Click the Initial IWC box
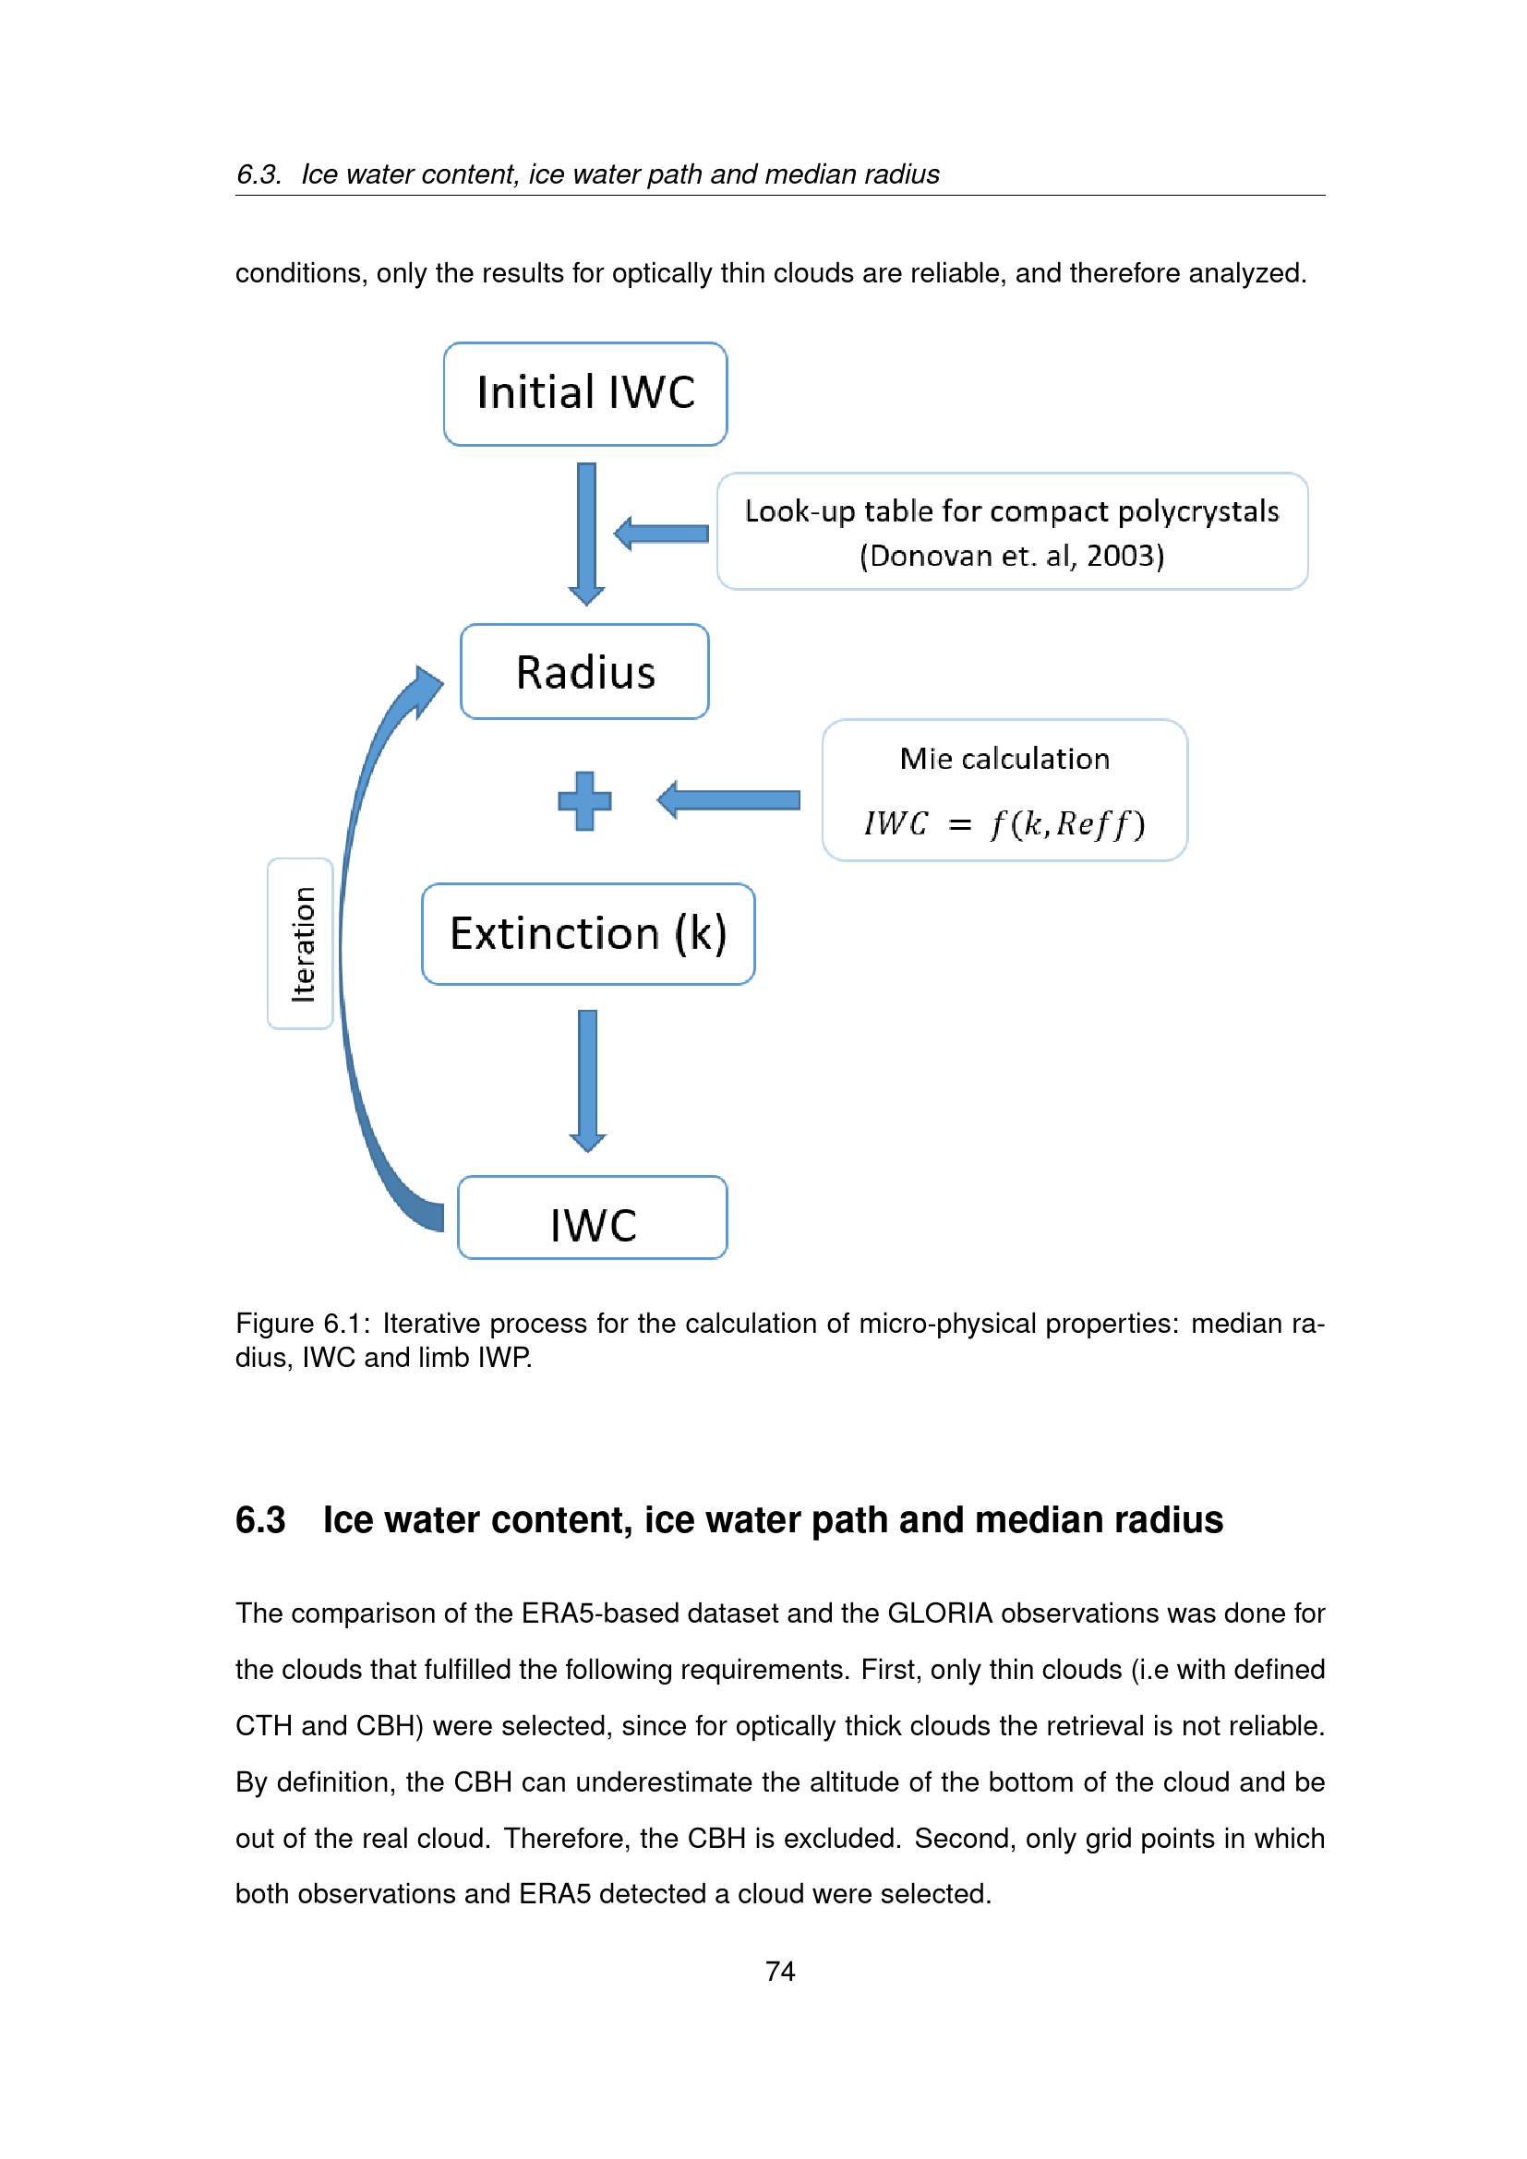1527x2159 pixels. point(584,393)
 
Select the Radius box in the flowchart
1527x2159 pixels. point(584,671)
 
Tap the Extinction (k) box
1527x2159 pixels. point(588,934)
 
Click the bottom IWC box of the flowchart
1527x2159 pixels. point(593,1218)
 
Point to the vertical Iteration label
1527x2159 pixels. point(302,943)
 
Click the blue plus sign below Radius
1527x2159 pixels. point(584,800)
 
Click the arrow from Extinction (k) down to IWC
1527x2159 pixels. point(588,1080)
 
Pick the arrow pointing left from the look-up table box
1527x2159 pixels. point(662,534)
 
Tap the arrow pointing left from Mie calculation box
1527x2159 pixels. point(728,800)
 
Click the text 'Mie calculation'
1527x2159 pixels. point(1004,759)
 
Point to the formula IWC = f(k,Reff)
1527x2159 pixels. point(1004,823)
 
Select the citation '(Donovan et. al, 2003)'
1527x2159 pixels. point(1012,556)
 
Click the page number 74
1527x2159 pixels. point(779,1971)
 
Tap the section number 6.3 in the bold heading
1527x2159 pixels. point(260,1520)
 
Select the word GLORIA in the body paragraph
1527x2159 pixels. point(939,1613)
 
